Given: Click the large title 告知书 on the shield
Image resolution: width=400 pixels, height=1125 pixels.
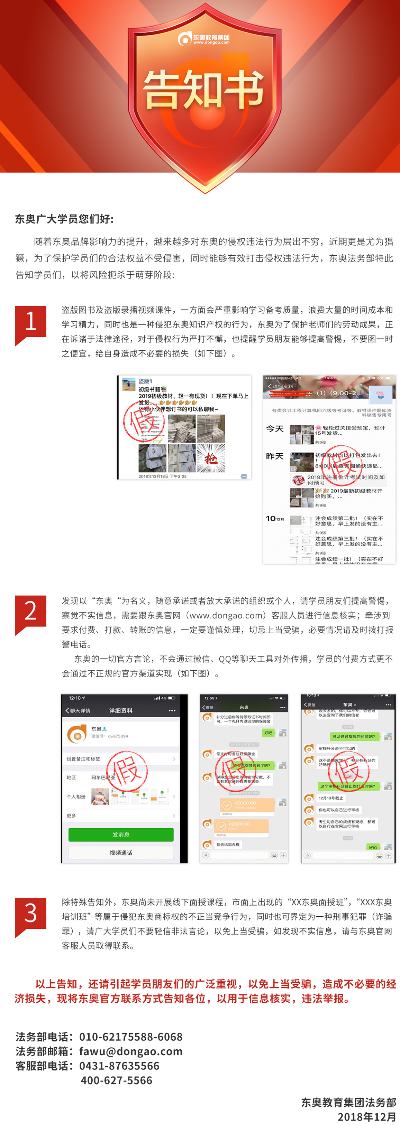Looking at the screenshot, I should tap(204, 89).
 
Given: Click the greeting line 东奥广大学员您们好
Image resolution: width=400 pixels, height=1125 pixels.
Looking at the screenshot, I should tap(64, 219).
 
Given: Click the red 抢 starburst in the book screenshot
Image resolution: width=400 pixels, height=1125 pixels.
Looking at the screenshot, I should tap(211, 458).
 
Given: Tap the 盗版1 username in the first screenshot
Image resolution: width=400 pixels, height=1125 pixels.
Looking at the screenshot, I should tap(145, 381).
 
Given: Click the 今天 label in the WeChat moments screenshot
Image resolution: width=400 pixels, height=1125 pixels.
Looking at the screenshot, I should tap(274, 429).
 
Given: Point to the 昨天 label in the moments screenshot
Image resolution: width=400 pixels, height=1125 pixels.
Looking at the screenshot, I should tap(274, 456).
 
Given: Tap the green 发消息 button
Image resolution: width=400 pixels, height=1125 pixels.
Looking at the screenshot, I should tap(121, 834).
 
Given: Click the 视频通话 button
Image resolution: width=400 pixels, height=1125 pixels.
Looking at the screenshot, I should tap(121, 852).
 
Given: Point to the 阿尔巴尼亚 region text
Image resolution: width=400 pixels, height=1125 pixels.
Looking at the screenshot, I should tap(103, 777).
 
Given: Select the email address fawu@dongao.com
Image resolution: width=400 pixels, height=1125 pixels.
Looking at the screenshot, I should tap(131, 1051).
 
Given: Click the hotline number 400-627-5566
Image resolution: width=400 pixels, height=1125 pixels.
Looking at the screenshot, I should tap(116, 1080).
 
